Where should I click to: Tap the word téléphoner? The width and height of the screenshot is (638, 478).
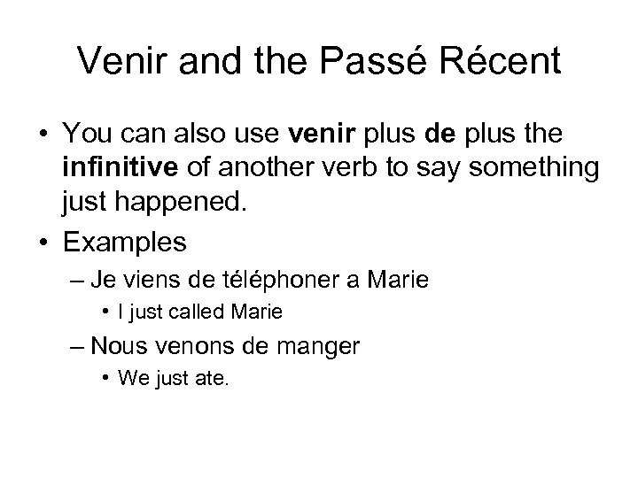[284, 281]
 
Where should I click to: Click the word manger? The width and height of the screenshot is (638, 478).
[320, 346]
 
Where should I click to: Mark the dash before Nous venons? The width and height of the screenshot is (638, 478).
[77, 345]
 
